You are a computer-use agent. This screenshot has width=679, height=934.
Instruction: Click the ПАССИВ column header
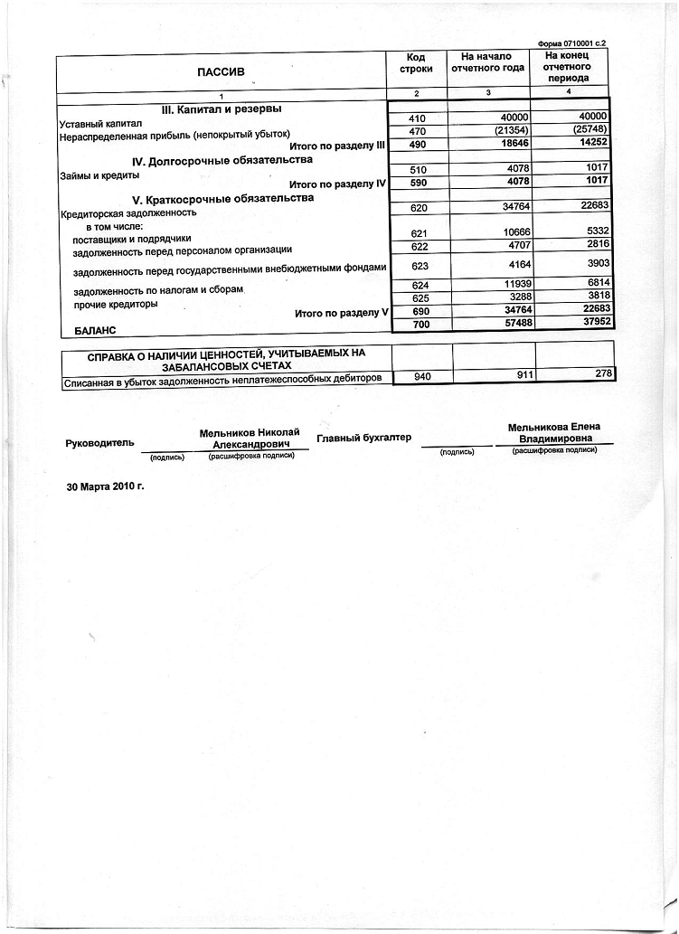coord(222,71)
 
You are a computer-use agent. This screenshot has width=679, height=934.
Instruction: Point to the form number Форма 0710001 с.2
coord(571,43)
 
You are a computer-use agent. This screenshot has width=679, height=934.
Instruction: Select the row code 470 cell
coord(418,131)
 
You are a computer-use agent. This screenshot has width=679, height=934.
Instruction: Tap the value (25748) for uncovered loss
coord(589,130)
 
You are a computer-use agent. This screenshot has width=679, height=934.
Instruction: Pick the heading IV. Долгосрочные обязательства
coord(222,160)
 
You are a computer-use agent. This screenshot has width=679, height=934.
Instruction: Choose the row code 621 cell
coord(418,233)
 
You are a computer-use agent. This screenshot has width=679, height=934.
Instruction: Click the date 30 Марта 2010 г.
coord(106,486)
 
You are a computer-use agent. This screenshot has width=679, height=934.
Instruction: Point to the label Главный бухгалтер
coord(363,438)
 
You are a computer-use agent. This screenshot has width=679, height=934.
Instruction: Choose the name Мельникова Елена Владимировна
coord(554,434)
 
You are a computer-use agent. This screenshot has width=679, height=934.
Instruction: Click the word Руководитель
coord(100,443)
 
